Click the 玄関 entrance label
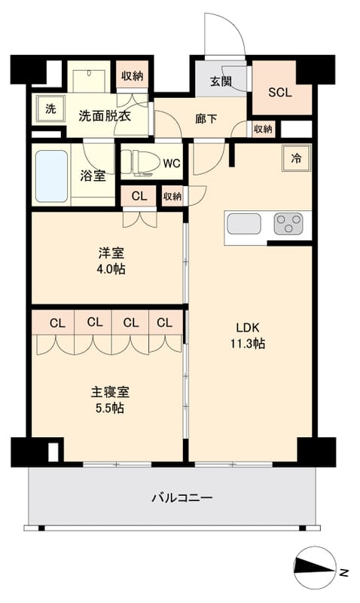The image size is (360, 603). pyautogui.click(x=221, y=82)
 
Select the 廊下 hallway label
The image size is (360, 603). pyautogui.click(x=206, y=118)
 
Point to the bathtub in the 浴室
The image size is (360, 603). pyautogui.click(x=51, y=176)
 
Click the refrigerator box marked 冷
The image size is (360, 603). pyautogui.click(x=296, y=158)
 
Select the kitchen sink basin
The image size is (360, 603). pyautogui.click(x=244, y=224)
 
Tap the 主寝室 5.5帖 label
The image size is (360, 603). pyautogui.click(x=105, y=400)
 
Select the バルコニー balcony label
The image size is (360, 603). pyautogui.click(x=182, y=498)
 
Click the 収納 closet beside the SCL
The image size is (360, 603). pyautogui.click(x=262, y=129)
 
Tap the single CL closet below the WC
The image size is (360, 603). pyautogui.click(x=139, y=196)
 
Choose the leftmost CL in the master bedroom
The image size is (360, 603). pyautogui.click(x=56, y=323)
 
